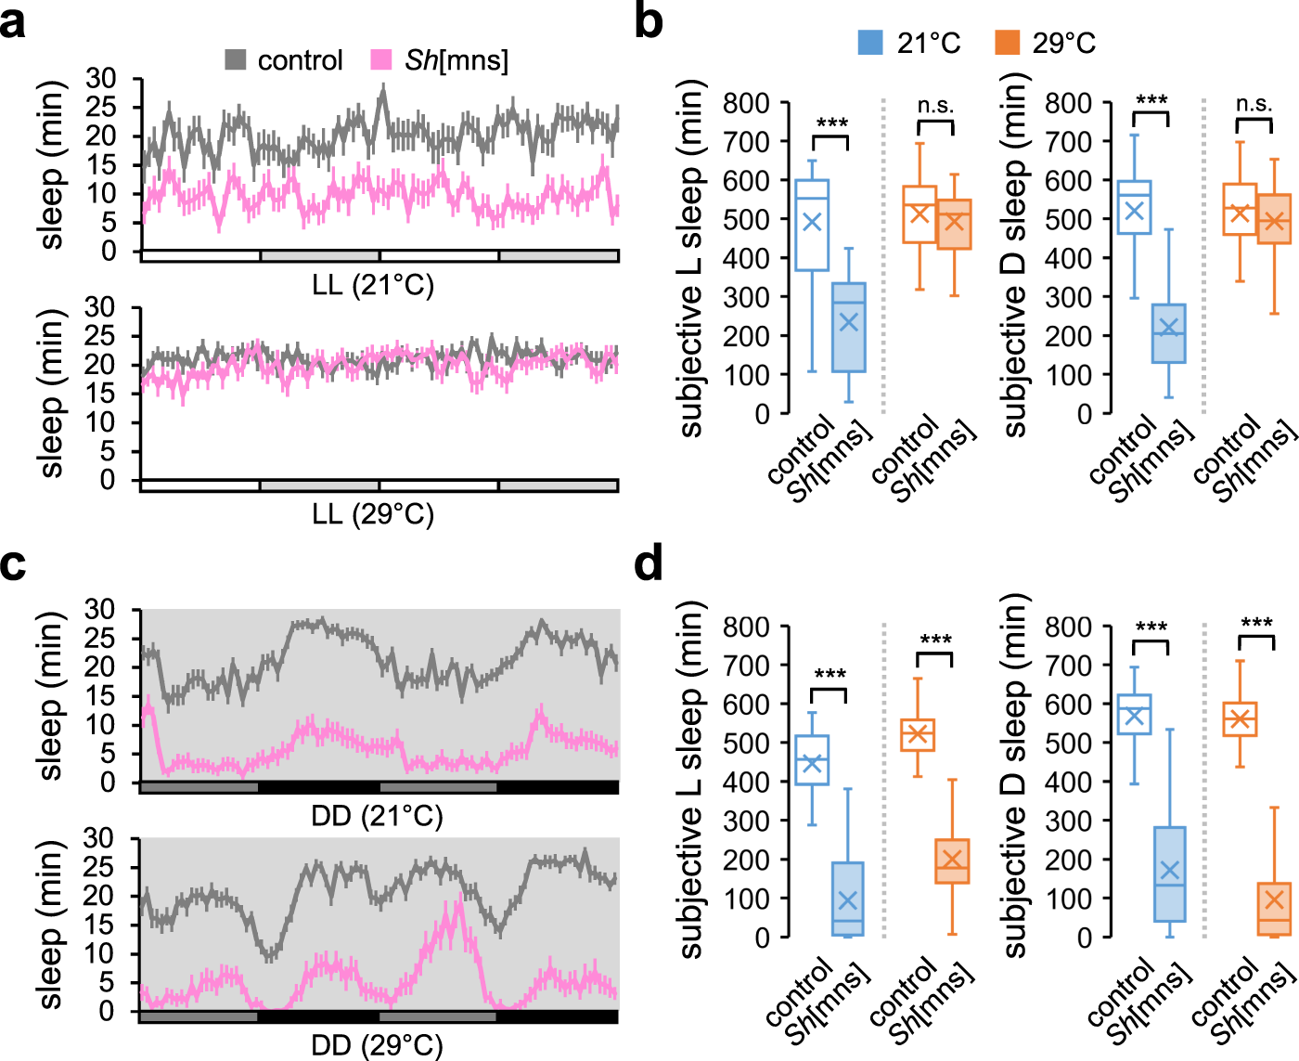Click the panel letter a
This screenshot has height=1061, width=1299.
coord(13,22)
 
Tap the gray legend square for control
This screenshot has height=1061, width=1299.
coord(236,60)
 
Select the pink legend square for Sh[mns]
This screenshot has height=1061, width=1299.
coord(381,60)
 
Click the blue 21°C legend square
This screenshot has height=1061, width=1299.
coord(870,43)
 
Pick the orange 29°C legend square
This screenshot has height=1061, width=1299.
coord(1007,43)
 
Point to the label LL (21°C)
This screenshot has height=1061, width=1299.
coord(373,285)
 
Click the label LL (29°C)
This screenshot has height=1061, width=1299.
coord(373,513)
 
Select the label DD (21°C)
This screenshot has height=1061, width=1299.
coord(377,816)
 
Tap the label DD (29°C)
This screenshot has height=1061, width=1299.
coord(377,1045)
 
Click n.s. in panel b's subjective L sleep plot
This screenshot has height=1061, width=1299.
coord(935,105)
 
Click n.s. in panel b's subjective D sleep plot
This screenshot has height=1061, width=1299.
coord(1254,103)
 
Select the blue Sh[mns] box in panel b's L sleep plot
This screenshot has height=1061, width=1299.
coord(848,327)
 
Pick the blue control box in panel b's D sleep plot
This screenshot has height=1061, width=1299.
coord(1134,207)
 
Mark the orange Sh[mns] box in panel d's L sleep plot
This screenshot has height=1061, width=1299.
coord(952,861)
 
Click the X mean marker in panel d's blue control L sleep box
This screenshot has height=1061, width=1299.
coord(812,763)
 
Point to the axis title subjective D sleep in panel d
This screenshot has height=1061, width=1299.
coord(1015,776)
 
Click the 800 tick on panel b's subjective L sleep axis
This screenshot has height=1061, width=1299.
coord(746,103)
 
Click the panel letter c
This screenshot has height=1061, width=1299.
coord(13,563)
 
